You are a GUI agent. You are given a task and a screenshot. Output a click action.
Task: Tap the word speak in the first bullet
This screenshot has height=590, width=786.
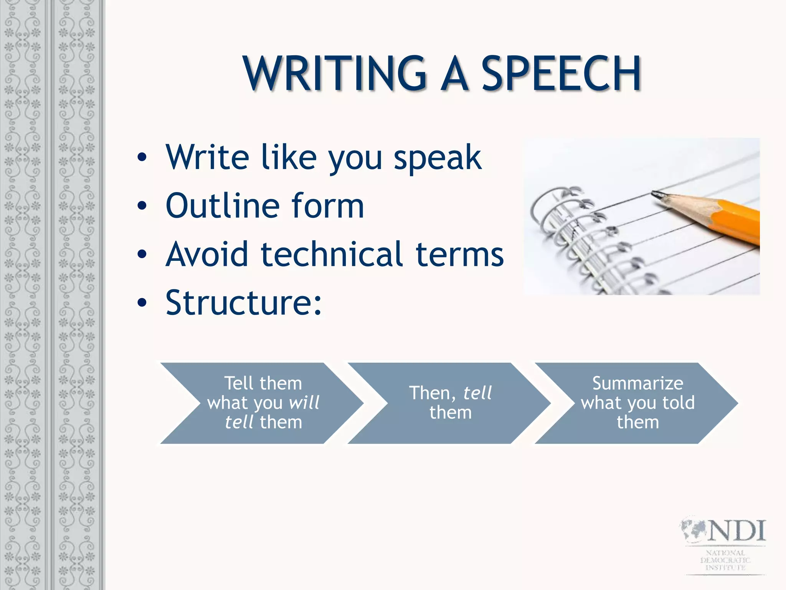pos(438,157)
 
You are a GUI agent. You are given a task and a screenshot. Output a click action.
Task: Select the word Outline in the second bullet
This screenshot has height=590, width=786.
pos(222,206)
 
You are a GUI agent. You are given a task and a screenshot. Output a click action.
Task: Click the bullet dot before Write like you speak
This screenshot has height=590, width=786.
pos(142,157)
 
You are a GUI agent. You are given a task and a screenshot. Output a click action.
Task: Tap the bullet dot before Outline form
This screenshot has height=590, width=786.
pos(142,206)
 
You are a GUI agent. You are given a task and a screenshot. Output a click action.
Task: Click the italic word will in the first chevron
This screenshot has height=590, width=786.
pos(304,403)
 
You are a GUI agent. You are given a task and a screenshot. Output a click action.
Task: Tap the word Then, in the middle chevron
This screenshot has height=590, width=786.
pos(433,393)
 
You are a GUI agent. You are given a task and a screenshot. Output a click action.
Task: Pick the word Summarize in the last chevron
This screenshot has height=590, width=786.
pos(637,383)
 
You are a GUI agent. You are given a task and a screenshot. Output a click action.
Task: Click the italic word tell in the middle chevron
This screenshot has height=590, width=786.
pos(477,393)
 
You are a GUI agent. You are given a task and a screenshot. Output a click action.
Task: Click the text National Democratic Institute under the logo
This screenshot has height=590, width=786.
pos(725,560)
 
